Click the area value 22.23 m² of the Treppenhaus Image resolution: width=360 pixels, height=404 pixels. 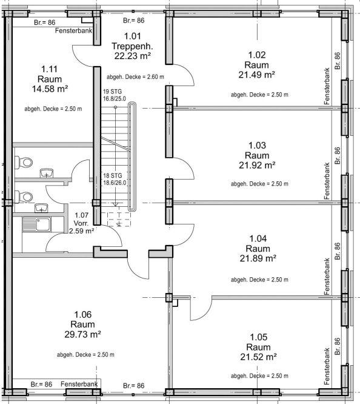pyautogui.click(x=132, y=56)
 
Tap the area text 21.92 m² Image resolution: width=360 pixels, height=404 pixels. pyautogui.click(x=253, y=165)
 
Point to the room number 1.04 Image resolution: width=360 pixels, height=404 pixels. pyautogui.click(x=253, y=238)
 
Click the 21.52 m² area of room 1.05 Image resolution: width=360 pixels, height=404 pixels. pyautogui.click(x=253, y=357)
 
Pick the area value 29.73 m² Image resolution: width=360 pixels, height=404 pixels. pyautogui.click(x=82, y=334)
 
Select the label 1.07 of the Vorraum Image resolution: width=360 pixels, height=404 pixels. pyautogui.click(x=81, y=215)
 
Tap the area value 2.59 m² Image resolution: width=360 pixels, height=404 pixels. pyautogui.click(x=81, y=231)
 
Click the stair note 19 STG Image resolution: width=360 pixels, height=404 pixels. pyautogui.click(x=113, y=91)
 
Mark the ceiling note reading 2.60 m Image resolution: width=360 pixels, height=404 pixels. pyautogui.click(x=135, y=77)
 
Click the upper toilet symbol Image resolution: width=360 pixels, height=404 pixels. pyautogui.click(x=25, y=163)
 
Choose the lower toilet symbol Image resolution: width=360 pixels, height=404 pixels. pyautogui.click(x=25, y=197)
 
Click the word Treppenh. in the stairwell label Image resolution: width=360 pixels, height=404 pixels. pyautogui.click(x=132, y=45)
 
